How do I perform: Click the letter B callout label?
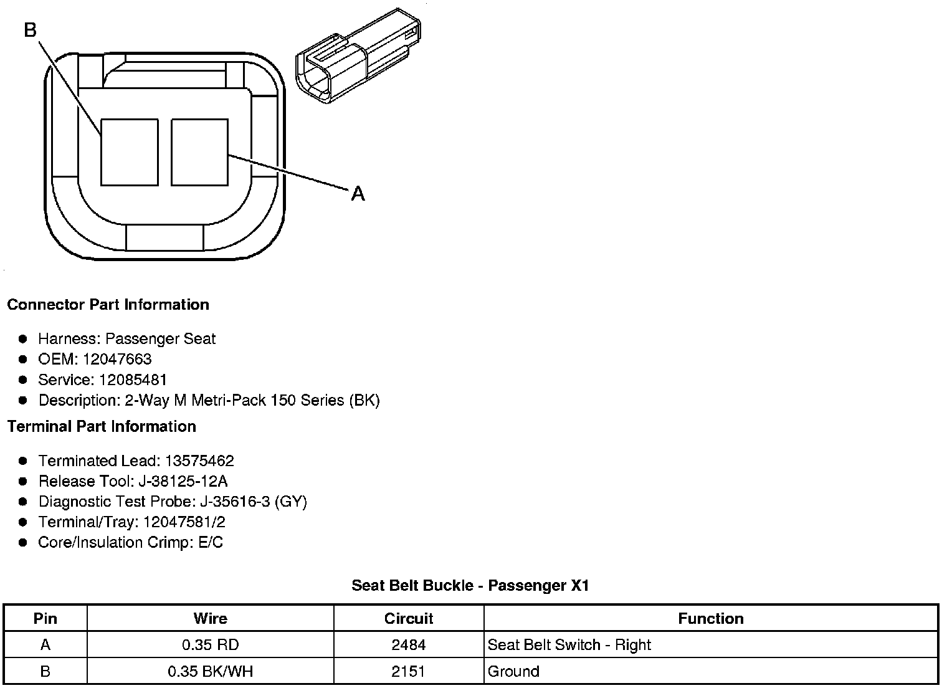coord(31,30)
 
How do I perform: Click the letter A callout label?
coord(358,194)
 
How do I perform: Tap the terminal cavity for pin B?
coord(130,152)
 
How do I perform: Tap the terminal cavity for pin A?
coord(199,152)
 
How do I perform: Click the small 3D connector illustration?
coord(358,55)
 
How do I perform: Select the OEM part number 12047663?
coord(117,359)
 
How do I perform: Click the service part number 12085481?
coord(133,380)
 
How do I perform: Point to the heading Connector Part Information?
coord(108,305)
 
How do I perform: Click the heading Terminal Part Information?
coord(102,426)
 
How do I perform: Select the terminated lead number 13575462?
coord(199,461)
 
